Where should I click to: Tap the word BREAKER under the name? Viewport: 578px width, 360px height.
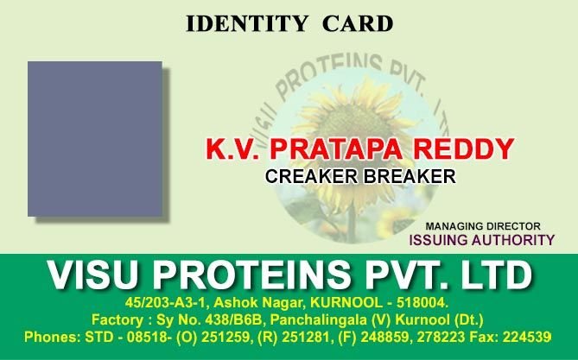pos(409,177)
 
